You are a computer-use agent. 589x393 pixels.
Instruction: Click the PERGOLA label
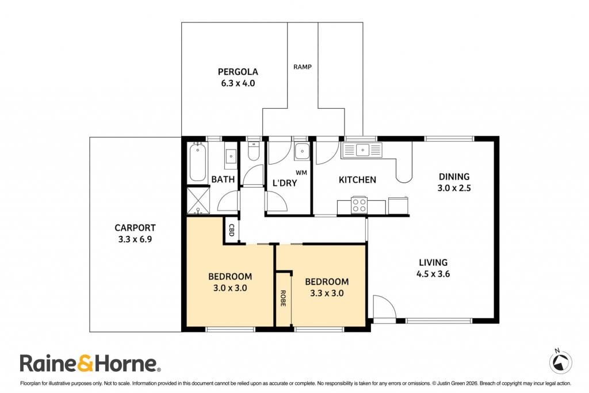point(238,72)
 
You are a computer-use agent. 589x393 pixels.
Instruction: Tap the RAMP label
point(303,67)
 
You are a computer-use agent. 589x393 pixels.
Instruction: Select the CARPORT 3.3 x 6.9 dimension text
point(135,239)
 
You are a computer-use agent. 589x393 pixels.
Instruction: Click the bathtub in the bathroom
point(198,162)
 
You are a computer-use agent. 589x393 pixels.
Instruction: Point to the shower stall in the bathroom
point(198,200)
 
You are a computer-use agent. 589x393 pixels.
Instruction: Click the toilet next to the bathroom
point(254,151)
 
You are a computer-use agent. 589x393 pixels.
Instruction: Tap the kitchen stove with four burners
point(359,205)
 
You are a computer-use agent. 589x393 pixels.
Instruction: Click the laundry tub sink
point(301,151)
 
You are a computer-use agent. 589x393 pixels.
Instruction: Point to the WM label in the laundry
point(301,173)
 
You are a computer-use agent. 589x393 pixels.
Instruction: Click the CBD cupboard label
point(231,230)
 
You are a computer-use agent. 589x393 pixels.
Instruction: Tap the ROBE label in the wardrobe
point(283,298)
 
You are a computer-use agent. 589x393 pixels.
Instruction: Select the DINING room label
point(454,177)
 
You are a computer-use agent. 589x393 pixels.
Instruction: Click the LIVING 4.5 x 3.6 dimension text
point(433,274)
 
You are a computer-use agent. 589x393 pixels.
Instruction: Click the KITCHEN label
point(357,180)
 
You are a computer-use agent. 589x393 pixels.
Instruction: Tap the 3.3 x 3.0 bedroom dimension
point(327,293)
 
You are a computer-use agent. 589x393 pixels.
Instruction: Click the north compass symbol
point(560,361)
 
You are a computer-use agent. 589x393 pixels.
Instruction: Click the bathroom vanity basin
point(231,155)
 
